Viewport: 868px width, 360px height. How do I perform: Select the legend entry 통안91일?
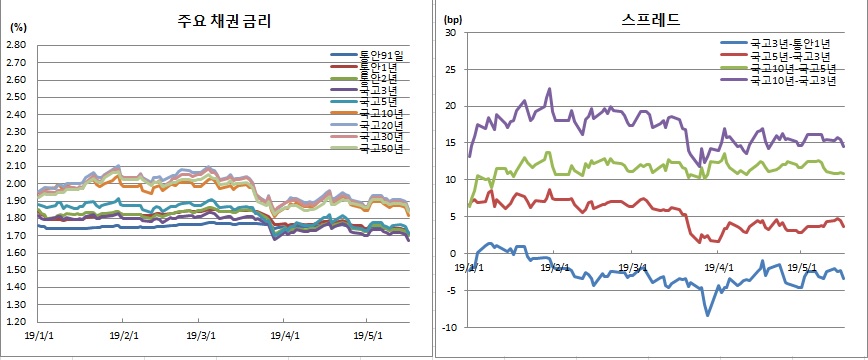(376, 55)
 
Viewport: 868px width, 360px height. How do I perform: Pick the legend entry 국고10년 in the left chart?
(376, 114)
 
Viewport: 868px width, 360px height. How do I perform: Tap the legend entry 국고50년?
(376, 149)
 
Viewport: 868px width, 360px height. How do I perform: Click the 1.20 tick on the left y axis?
(15, 323)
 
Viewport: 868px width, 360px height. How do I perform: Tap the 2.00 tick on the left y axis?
(15, 184)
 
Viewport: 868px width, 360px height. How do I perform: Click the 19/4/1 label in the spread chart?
(716, 268)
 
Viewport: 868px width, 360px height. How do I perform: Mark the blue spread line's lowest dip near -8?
(708, 315)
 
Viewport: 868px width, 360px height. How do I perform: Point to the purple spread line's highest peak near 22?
(549, 89)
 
